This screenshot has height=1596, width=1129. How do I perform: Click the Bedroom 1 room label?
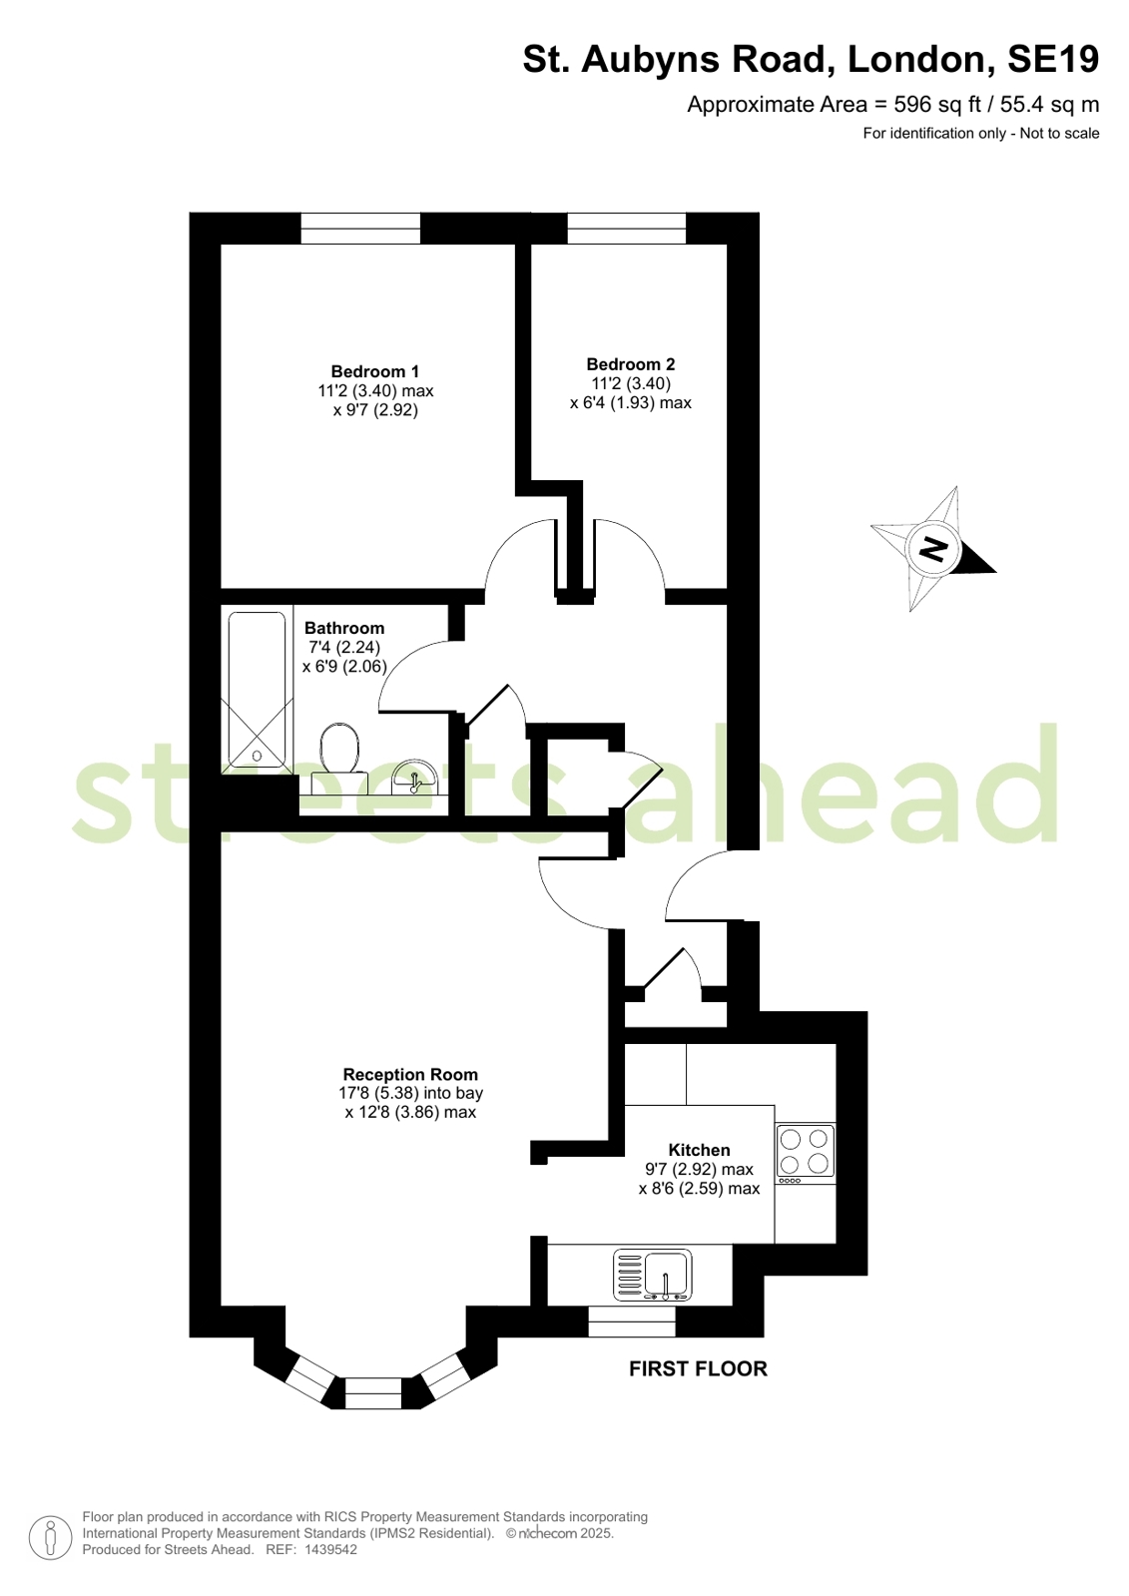[375, 371]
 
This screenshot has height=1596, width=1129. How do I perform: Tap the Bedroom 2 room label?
[630, 364]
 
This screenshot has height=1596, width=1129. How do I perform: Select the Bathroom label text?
[344, 628]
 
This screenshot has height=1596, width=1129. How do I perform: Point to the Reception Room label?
[410, 1074]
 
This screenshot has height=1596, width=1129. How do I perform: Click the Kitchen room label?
[699, 1149]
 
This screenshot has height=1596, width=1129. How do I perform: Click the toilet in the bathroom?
[339, 759]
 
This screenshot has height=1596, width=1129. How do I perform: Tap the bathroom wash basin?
[415, 777]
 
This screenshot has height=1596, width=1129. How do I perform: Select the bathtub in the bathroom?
[258, 689]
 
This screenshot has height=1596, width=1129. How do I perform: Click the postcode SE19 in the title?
[1052, 59]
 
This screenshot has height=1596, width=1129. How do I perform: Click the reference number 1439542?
[330, 1549]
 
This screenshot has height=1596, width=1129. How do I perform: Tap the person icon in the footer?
[51, 1538]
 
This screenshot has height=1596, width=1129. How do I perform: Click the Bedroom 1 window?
[360, 228]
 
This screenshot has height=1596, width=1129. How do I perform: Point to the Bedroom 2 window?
[627, 228]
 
